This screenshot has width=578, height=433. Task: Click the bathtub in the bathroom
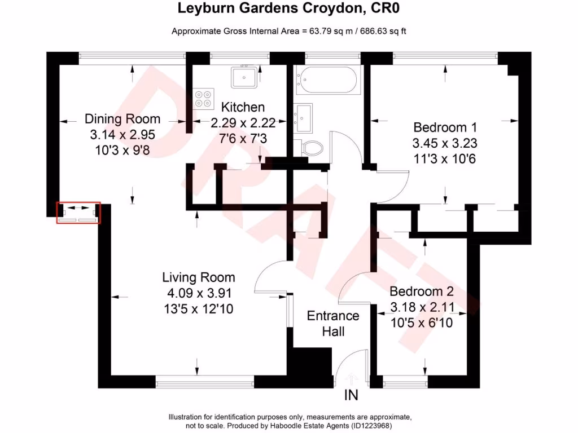pos(327,81)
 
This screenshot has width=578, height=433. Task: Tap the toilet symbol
pos(312,148)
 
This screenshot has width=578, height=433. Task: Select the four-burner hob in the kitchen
pos(204,99)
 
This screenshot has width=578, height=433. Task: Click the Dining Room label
pos(122,119)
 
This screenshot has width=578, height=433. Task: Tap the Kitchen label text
pos(243,107)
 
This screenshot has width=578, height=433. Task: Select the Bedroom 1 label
pos(441,127)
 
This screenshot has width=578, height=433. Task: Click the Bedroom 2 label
pos(422,291)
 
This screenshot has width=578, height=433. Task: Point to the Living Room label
pos(199,277)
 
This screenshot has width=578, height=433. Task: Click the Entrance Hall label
pos(333,324)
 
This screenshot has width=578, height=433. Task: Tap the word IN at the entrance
pos(351,396)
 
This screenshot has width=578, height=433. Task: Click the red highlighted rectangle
pos(78,213)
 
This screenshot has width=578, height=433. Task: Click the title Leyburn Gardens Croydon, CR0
pos(289,8)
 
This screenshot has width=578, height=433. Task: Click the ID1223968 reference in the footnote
pos(371,426)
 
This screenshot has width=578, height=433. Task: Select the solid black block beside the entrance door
pos(309,368)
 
